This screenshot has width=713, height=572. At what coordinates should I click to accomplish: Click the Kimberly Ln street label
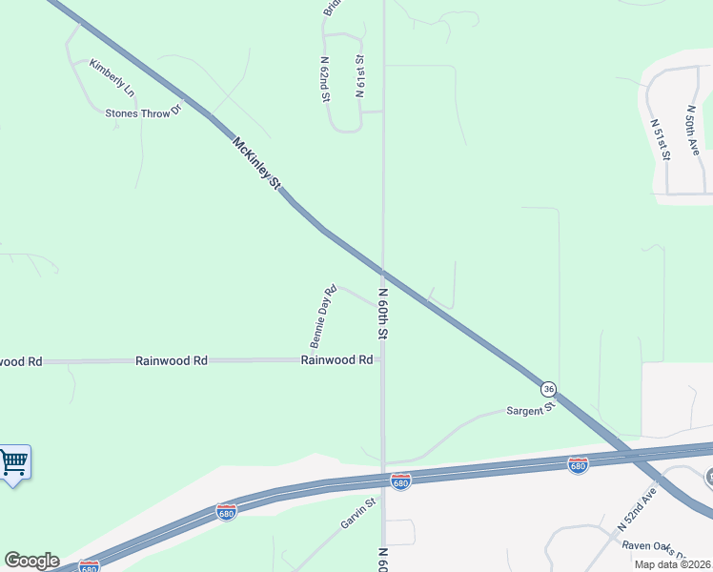point(112,78)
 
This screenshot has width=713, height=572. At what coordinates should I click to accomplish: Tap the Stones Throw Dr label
point(143,113)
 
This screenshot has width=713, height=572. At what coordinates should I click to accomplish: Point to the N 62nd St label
point(325,80)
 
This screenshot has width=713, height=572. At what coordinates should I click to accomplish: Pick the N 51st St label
point(661,138)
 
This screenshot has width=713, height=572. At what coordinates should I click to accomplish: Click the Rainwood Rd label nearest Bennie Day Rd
point(336,360)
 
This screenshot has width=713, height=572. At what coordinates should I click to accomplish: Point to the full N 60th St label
point(383,315)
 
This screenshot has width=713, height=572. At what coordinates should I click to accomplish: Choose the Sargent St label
point(531,409)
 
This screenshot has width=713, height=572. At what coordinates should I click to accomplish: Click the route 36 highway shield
point(548,388)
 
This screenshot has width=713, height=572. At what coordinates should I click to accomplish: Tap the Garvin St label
point(359,513)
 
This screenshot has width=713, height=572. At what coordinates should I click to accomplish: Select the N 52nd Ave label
point(639,509)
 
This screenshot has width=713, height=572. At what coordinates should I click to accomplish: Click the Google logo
point(31,561)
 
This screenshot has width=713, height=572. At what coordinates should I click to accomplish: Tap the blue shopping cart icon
point(13,463)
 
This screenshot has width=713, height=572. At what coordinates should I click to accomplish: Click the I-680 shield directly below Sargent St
point(578,464)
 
